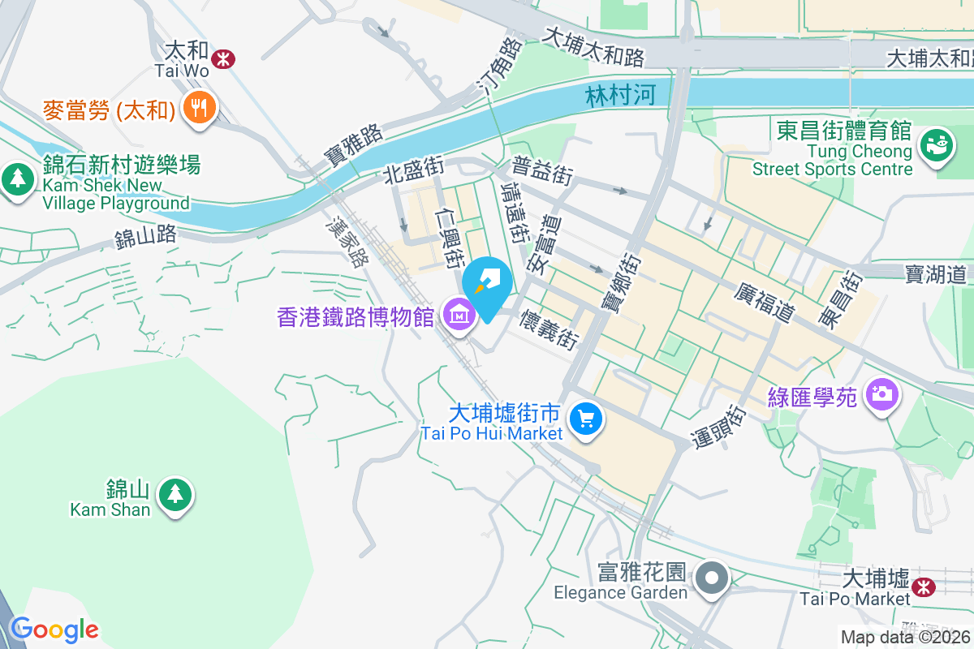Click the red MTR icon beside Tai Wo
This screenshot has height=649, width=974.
coord(222,58)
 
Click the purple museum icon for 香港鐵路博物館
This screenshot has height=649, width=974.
coord(459,314)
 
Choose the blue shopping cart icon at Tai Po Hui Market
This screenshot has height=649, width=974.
coord(585,419)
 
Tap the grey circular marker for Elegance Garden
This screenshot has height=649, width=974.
coord(713,578)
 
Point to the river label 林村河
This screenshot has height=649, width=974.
coord(619,96)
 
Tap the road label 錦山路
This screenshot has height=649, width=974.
coord(145,238)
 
